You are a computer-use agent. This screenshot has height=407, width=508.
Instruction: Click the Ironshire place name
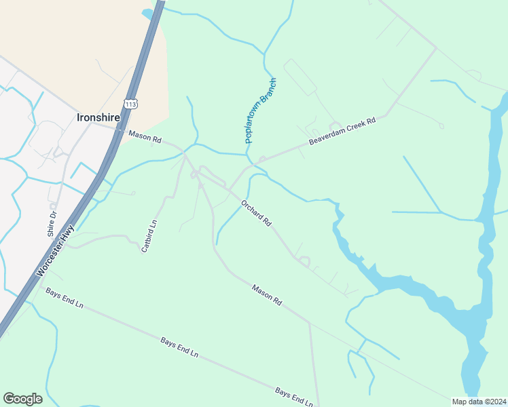coord(98,117)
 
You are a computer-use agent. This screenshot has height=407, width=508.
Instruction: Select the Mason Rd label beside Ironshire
coord(145,138)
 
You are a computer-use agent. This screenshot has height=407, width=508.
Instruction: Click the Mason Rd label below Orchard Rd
coord(267,293)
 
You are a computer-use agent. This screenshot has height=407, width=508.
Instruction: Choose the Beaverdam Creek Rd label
coord(342,132)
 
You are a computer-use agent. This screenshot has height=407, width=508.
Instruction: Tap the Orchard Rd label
coord(257,212)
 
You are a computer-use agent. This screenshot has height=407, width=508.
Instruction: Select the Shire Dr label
coord(52,223)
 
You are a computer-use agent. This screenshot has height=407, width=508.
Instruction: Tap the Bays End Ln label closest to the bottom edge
coord(293,396)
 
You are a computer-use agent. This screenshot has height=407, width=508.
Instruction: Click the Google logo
coord(22,399)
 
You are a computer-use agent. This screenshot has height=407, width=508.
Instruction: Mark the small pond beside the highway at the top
coord(147,13)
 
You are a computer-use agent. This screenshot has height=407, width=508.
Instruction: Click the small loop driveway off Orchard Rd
coord(304,261)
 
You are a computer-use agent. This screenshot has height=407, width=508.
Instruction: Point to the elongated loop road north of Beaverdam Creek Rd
coord(300,76)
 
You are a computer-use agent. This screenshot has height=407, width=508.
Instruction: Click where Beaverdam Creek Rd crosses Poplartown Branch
coord(253,163)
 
